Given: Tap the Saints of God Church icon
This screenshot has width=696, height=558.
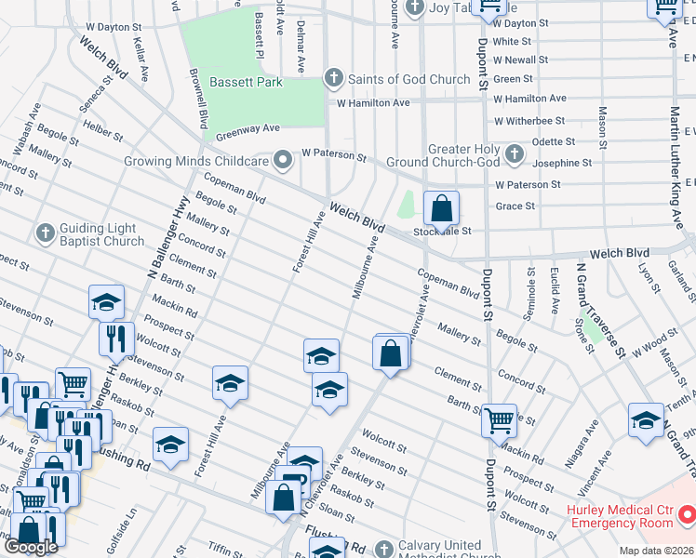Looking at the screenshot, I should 333,79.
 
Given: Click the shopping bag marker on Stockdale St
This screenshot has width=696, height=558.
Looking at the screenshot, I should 441,208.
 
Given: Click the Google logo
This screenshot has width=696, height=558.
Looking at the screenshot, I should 31,547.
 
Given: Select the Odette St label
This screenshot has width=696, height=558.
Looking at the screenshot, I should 553,141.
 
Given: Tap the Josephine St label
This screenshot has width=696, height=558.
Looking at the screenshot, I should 561,163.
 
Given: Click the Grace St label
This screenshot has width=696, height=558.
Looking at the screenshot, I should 515,206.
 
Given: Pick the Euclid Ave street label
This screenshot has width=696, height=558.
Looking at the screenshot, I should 555,289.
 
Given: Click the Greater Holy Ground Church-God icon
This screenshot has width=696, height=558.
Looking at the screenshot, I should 515,151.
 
